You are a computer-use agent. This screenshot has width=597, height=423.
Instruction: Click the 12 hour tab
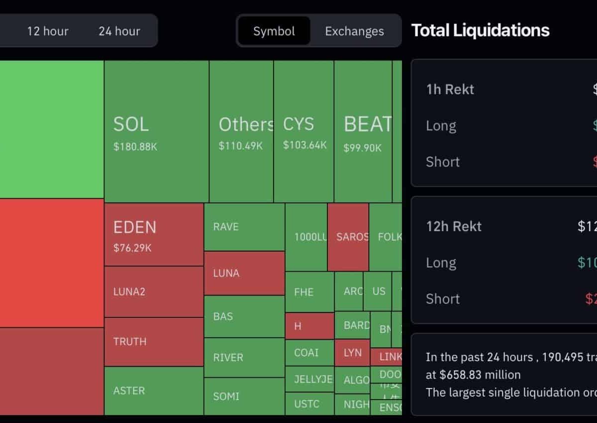tap(48, 31)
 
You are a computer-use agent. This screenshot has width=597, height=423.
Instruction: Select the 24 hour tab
tap(119, 31)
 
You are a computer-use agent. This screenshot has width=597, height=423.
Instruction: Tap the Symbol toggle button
tap(274, 31)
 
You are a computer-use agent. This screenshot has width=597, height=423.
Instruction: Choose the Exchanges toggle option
tap(354, 31)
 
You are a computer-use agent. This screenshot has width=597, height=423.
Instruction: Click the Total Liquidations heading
tap(481, 30)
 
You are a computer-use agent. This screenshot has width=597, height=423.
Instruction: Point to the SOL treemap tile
tap(156, 131)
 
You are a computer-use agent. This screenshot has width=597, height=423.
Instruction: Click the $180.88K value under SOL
tap(135, 147)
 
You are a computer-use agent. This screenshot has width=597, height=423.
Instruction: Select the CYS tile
tap(303, 131)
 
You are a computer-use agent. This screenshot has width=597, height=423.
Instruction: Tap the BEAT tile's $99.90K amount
tap(363, 148)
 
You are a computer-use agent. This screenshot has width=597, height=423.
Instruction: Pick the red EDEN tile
tap(154, 234)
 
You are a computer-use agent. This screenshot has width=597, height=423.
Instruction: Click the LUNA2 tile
tap(154, 291)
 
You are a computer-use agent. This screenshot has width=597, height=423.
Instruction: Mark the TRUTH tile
tap(154, 342)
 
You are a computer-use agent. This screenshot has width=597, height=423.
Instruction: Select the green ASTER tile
tap(154, 391)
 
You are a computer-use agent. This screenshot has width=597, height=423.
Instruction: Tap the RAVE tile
tap(244, 227)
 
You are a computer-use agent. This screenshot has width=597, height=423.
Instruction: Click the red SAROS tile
tap(348, 237)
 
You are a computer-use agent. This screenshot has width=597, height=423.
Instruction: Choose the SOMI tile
tap(244, 396)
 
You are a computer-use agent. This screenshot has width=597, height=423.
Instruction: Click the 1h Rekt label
tap(450, 90)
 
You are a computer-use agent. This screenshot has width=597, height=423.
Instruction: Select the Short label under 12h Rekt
tap(443, 299)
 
